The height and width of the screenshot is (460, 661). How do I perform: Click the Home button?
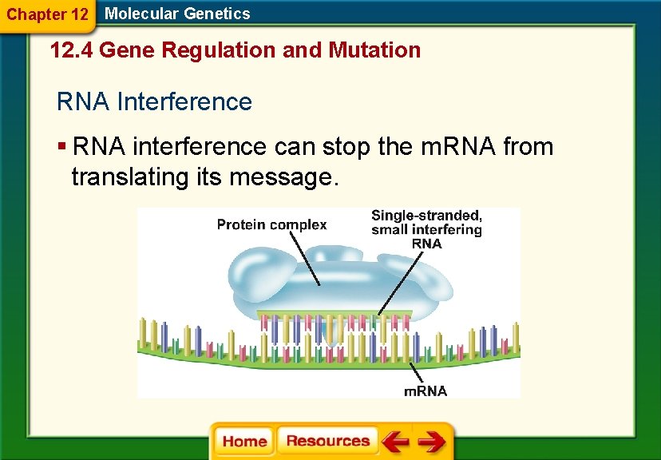click(244, 442)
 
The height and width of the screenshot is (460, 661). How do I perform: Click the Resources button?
click(327, 442)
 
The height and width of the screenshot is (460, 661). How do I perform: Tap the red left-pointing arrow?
click(394, 442)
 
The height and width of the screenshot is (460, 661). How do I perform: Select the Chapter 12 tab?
click(47, 14)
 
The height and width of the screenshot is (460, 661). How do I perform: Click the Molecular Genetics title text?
click(177, 14)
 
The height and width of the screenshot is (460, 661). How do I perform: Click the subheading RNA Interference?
click(154, 102)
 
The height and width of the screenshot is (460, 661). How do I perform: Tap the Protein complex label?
click(271, 224)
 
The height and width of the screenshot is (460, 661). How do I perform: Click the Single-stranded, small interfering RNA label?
click(426, 229)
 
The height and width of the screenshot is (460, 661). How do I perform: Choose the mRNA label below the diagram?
click(425, 391)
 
